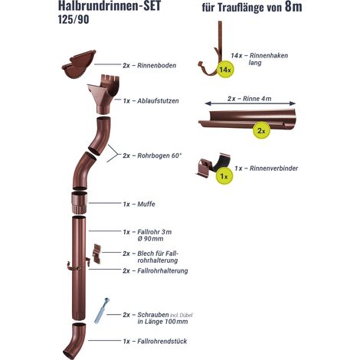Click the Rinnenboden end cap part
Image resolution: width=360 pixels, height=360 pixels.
[x=79, y=65]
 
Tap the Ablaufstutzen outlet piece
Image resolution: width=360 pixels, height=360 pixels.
[x=103, y=94]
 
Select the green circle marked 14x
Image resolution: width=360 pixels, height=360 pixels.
[x=225, y=69]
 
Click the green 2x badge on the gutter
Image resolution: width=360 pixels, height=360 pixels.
[x=261, y=131]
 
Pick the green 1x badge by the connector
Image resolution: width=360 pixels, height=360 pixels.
[x=224, y=176]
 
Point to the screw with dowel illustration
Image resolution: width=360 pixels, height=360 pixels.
[x=101, y=310]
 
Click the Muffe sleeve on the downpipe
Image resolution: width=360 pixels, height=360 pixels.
[x=80, y=204]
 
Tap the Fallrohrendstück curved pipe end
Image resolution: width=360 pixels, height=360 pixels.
[x=74, y=341]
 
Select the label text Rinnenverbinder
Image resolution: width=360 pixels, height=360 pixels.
[x=273, y=169]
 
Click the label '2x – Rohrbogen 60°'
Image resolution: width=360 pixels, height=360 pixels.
[x=152, y=155]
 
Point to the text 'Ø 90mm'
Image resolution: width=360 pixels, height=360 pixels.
[x=150, y=239]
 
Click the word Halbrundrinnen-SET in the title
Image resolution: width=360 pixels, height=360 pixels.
[x=110, y=5]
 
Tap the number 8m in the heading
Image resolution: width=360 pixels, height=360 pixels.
[x=293, y=7]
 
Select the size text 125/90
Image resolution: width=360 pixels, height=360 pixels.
[x=74, y=20]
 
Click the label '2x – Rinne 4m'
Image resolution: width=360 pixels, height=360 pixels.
[x=250, y=99]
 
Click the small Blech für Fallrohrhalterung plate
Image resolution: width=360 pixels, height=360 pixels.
[x=97, y=254]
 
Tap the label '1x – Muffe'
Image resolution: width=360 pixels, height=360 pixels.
[x=139, y=205]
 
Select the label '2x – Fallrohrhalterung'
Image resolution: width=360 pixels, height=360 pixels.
[x=155, y=270]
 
